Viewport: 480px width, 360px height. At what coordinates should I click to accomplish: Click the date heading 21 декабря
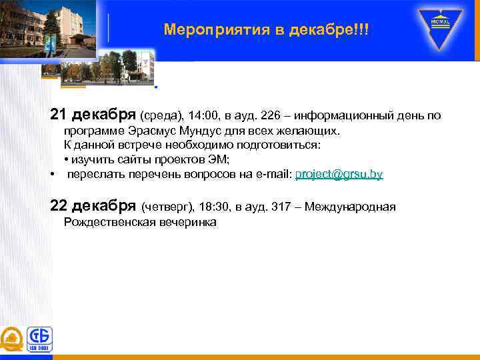tap(93, 115)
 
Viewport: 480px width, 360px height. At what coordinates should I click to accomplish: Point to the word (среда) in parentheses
tap(157, 116)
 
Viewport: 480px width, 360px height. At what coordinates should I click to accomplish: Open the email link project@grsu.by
tap(339, 175)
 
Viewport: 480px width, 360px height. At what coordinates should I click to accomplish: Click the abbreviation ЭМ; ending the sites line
tap(220, 160)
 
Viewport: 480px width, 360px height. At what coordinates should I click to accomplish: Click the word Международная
tap(352, 207)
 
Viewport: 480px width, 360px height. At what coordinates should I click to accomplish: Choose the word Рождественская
tap(109, 223)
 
